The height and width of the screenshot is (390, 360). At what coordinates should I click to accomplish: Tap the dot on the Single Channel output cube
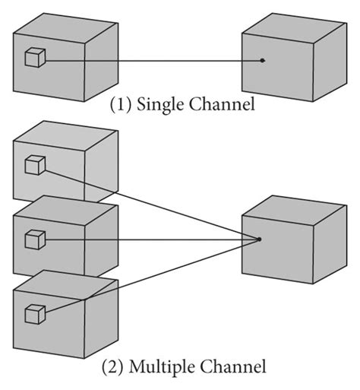tap(263, 60)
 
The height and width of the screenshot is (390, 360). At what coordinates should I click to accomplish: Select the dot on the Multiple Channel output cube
tap(260, 239)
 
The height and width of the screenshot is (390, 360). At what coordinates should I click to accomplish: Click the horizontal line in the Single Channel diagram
tap(152, 59)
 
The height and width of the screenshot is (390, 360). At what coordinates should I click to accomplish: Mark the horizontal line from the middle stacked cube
tap(152, 239)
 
